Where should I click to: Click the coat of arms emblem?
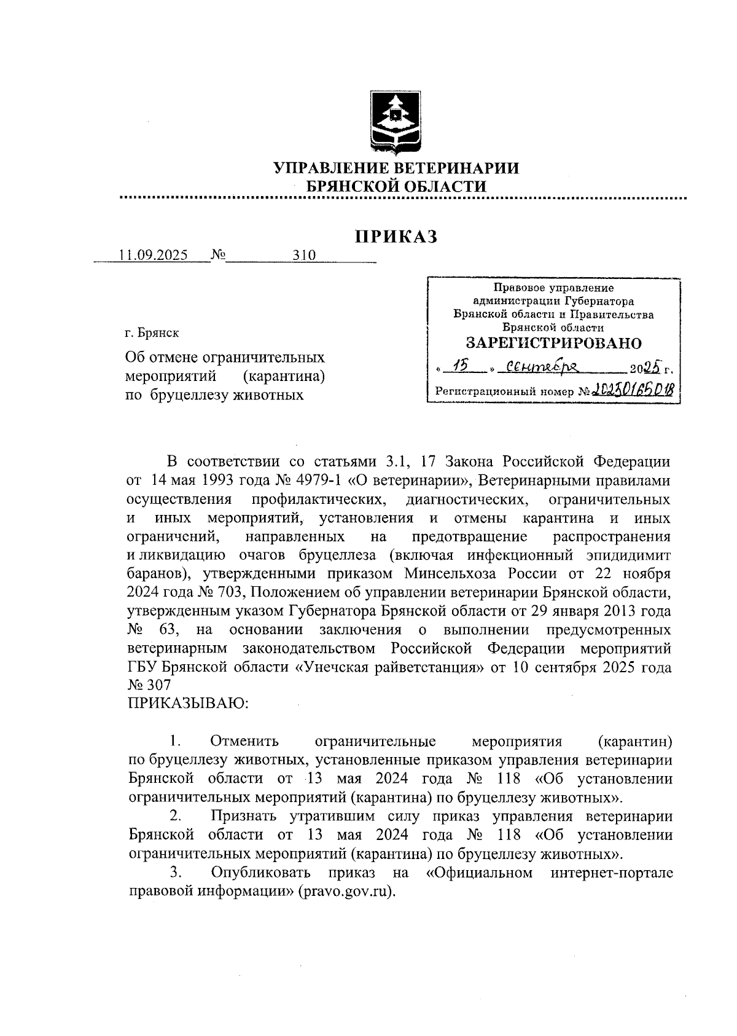[396, 122]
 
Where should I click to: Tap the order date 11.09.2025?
[154, 256]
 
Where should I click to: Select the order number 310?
[304, 256]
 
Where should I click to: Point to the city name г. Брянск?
[152, 333]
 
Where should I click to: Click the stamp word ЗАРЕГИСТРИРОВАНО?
[553, 343]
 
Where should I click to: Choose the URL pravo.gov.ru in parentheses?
[346, 892]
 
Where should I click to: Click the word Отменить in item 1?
[244, 741]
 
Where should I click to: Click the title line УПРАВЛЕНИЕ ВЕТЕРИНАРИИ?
[396, 168]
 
